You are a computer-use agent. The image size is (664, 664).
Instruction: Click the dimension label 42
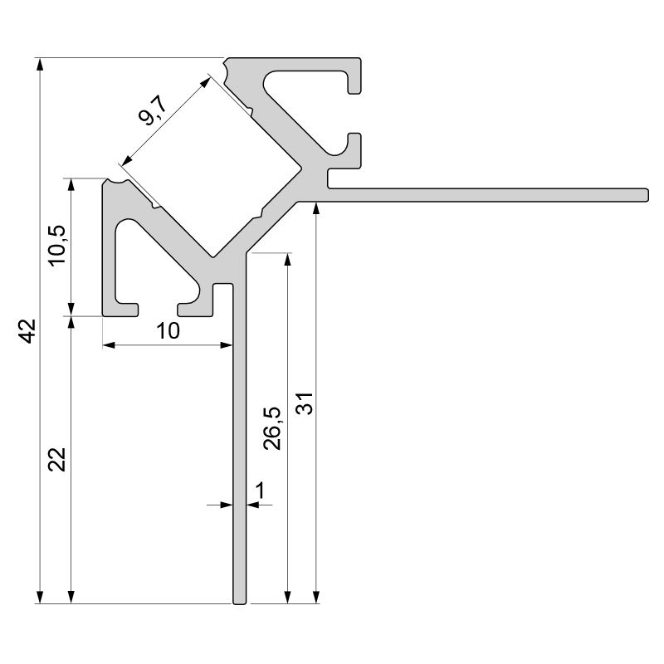tap(27, 330)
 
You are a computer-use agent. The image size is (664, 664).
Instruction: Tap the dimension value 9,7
tap(154, 110)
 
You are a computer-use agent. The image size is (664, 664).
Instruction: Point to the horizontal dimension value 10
tap(168, 331)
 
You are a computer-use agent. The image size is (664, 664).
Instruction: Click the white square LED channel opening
tap(212, 166)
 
